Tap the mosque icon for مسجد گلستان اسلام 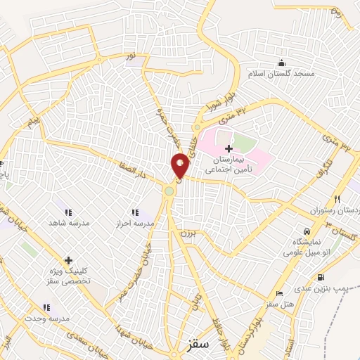click(282, 62)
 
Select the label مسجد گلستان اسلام click(276, 74)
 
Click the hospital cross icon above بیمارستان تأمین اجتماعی click(228, 148)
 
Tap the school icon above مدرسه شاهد click(68, 212)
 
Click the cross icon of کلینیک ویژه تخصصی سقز click(68, 260)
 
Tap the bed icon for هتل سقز click(279, 293)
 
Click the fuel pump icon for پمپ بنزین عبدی click(321, 277)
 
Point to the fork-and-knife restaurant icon click(337, 199)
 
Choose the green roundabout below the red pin click(169, 191)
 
